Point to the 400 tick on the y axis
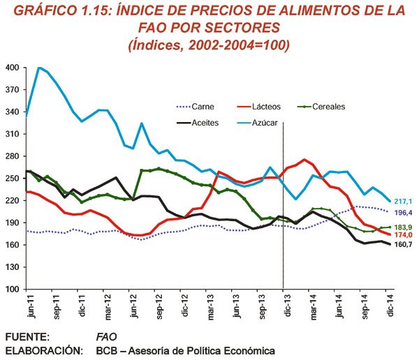click(13, 68)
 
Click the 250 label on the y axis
click(13, 179)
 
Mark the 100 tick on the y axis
click(13, 289)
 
